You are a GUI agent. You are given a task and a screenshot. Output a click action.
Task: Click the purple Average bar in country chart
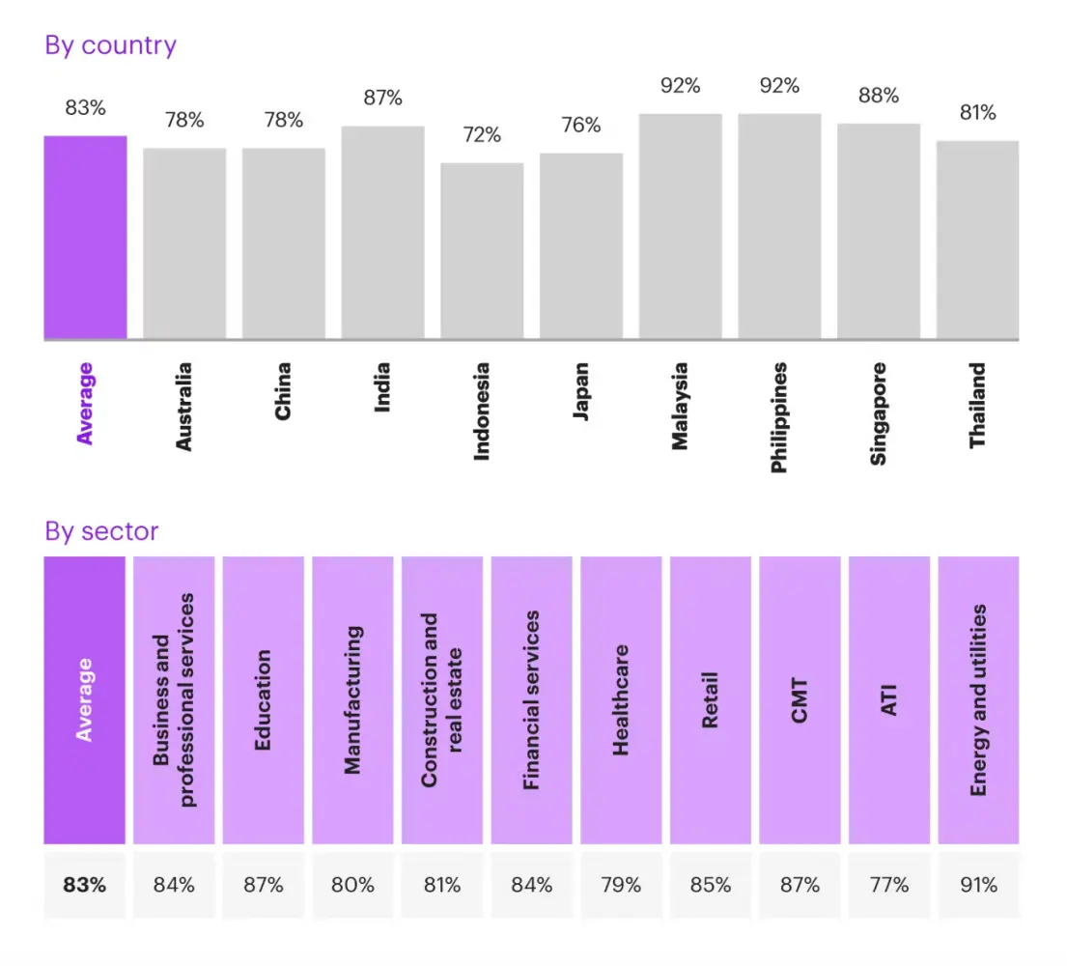point(85,238)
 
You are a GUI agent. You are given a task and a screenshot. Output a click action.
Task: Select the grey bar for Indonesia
point(482,251)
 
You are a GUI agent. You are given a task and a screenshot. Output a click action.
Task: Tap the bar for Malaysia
point(680,227)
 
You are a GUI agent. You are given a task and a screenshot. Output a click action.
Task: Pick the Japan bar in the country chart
point(581,246)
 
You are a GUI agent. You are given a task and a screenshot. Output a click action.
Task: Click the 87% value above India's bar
point(382,98)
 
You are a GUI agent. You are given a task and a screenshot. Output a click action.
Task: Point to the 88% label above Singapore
point(879,96)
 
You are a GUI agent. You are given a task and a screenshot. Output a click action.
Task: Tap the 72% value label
point(482,134)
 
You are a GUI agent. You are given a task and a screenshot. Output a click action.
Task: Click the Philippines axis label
point(779,417)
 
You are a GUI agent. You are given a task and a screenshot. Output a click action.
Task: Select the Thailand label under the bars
point(978,404)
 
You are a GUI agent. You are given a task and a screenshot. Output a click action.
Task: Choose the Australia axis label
point(184,406)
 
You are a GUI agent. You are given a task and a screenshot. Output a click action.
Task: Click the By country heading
point(111,45)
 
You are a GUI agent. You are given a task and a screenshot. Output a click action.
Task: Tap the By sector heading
point(101,530)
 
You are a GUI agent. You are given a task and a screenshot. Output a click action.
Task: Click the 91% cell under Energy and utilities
point(978,884)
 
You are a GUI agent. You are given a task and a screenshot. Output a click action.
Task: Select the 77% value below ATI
point(888,884)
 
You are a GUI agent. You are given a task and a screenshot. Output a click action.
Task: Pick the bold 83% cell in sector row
point(85,884)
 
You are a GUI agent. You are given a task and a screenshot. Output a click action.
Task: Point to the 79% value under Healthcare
point(620,884)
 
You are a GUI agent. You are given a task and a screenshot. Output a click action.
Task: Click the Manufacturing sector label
point(352,699)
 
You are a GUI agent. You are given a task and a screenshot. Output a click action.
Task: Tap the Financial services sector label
point(531,699)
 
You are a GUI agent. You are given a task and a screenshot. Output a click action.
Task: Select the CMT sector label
point(800,699)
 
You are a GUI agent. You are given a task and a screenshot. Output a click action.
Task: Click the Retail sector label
point(710,699)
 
